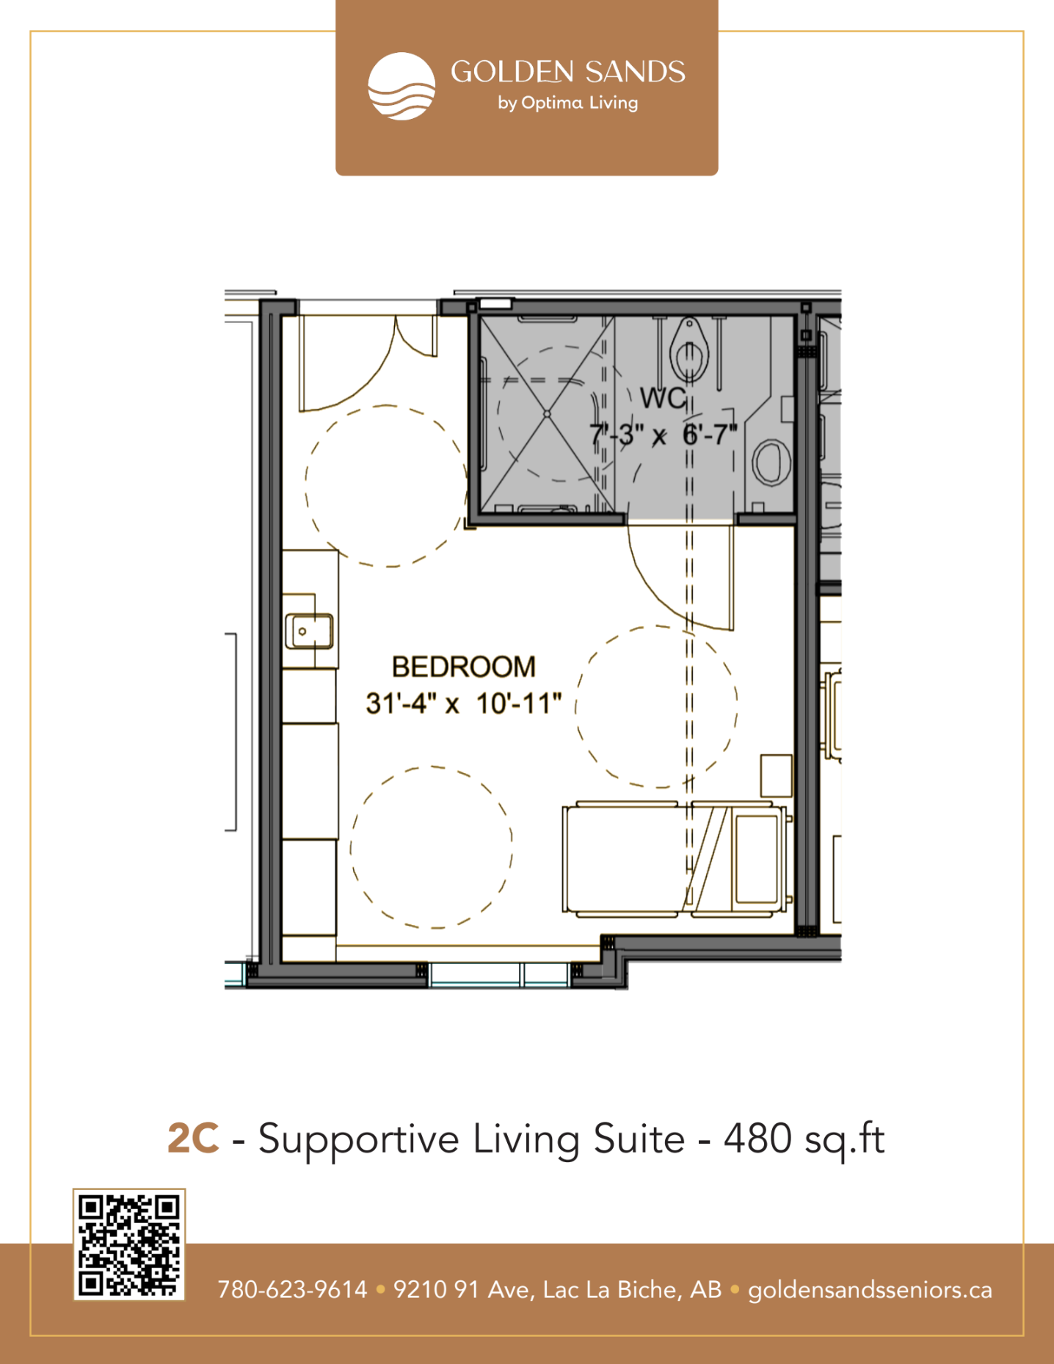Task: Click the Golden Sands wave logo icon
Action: [401, 86]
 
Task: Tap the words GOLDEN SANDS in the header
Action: [568, 72]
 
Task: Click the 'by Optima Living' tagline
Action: [568, 103]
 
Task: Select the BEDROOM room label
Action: [464, 667]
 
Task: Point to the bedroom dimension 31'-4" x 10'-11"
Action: [464, 703]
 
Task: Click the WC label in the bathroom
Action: [663, 398]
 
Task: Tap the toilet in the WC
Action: [689, 351]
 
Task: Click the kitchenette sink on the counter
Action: [309, 631]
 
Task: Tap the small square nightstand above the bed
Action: [776, 775]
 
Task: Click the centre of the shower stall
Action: [547, 414]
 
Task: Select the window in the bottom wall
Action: [499, 975]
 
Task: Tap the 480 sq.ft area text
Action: [804, 1139]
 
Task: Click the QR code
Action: [129, 1245]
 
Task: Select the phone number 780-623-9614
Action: [292, 1290]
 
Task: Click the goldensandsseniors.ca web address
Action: [870, 1291]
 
